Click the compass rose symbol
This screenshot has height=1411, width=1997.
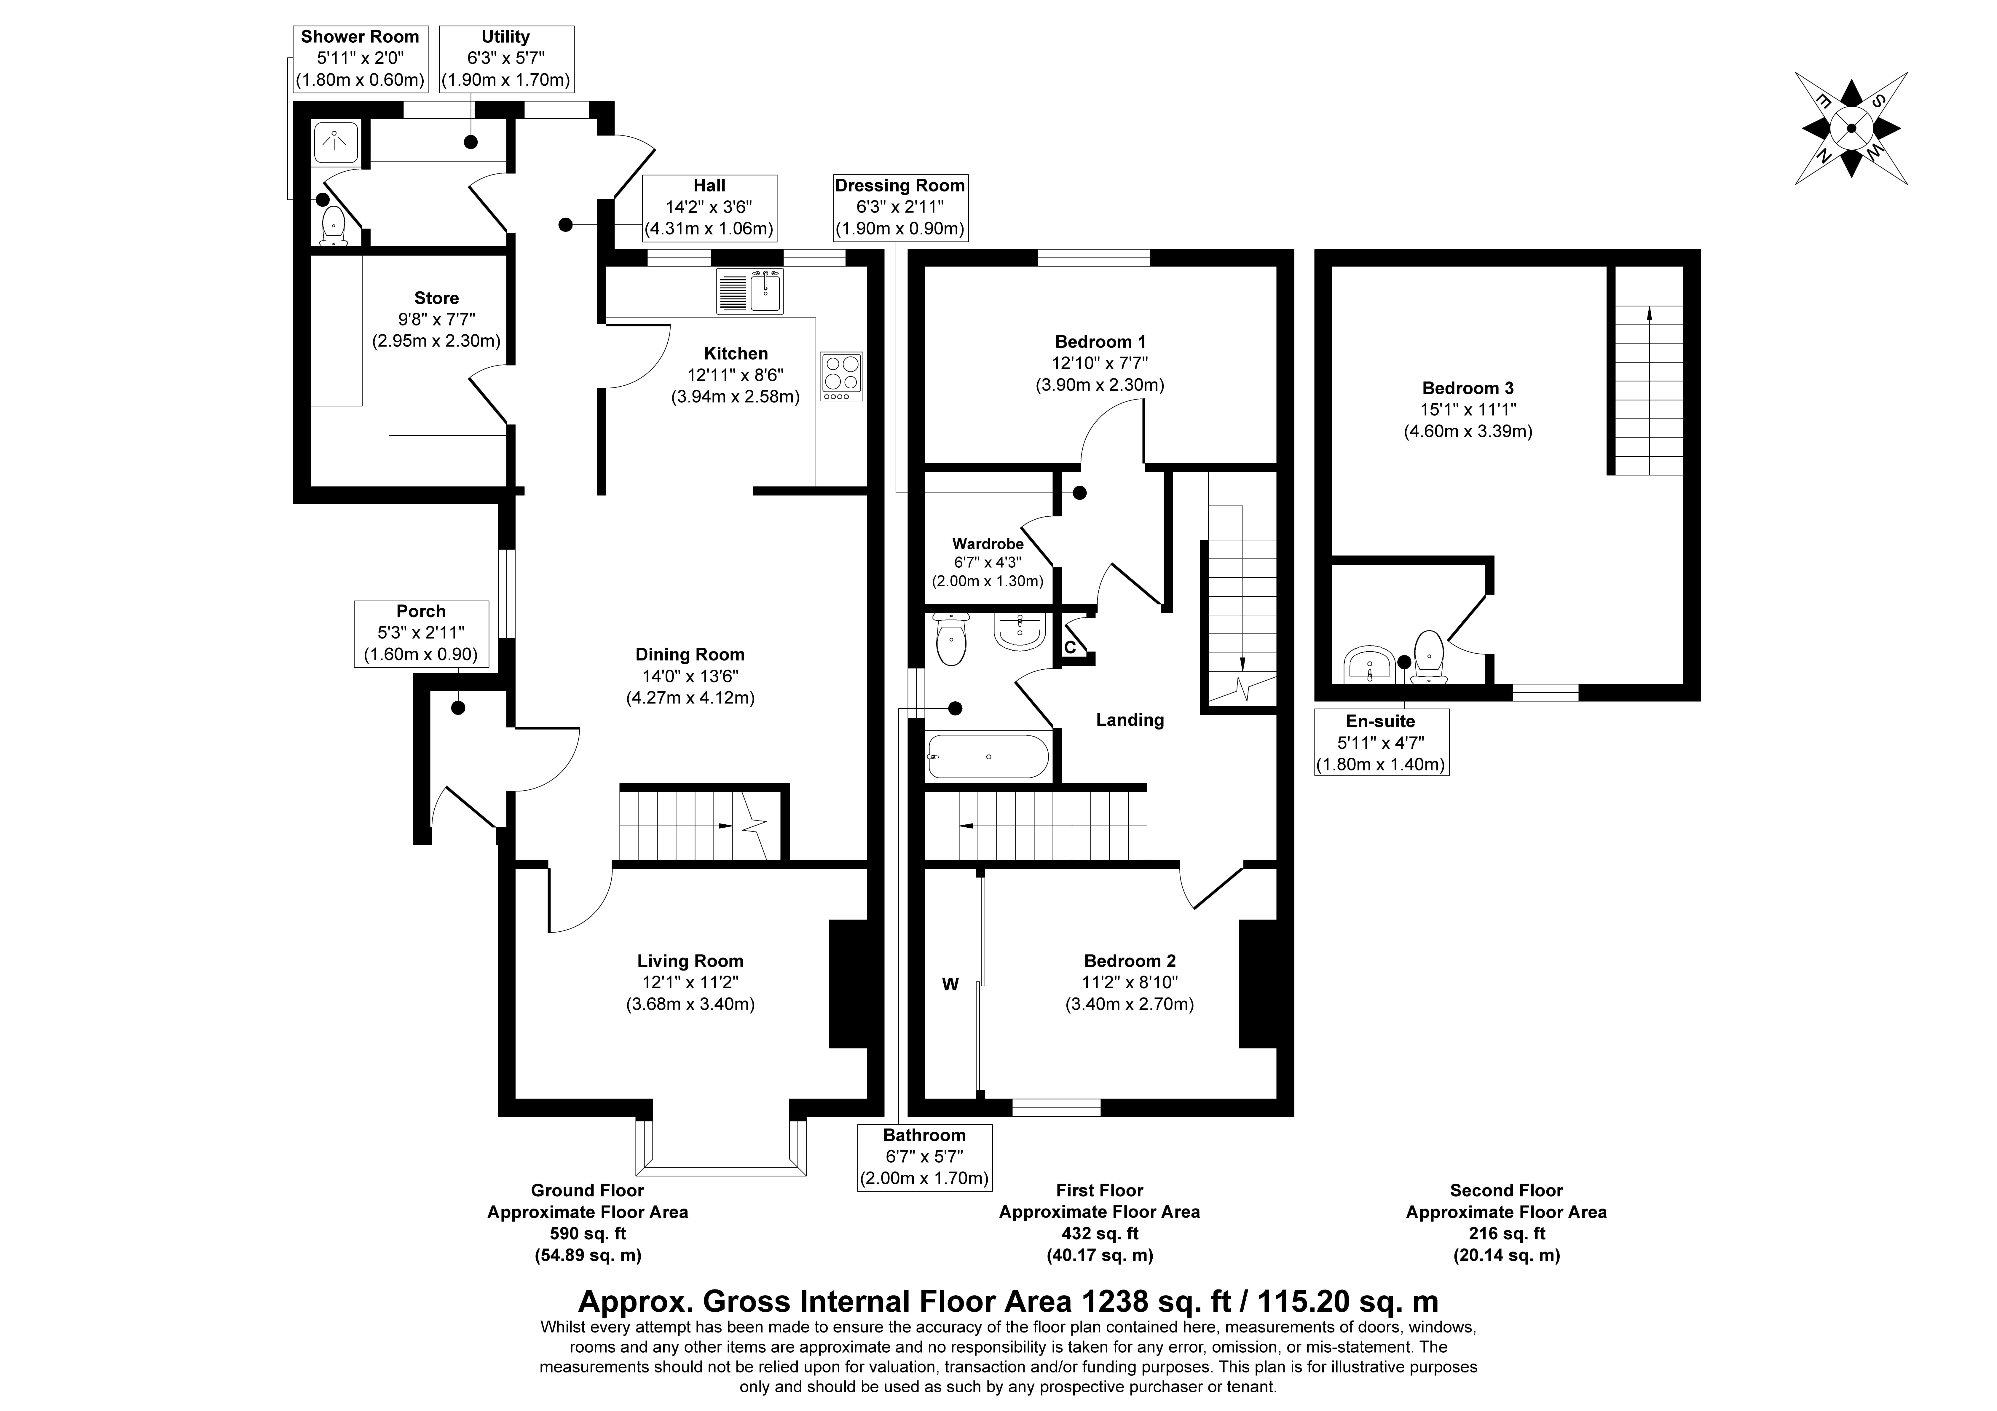coord(1851,129)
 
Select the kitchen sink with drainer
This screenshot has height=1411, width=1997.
coord(750,290)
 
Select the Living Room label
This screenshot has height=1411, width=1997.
coord(690,961)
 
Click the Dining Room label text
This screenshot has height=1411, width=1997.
coord(690,654)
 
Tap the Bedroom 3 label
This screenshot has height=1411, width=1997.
coord(1467,388)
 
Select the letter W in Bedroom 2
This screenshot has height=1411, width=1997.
coord(951,984)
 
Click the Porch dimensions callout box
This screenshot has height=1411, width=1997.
coord(421,633)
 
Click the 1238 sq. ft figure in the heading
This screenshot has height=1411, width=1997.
coord(1157,1301)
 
